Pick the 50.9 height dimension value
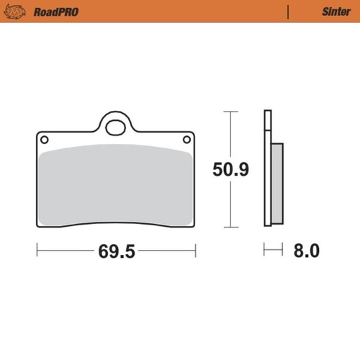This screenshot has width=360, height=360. pos(230,171)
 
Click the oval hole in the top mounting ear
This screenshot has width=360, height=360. pos(115,129)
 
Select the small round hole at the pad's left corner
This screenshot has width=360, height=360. pos(43,139)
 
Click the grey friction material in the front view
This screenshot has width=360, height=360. pos(115,184)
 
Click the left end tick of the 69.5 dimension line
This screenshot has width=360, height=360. pos(37,251)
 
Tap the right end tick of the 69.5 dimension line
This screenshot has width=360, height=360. pos(195,251)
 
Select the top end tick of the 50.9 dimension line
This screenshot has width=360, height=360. pos(230,112)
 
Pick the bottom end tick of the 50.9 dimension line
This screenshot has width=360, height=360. pos(230,228)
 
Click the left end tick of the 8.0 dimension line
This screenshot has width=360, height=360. pos(265,251)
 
